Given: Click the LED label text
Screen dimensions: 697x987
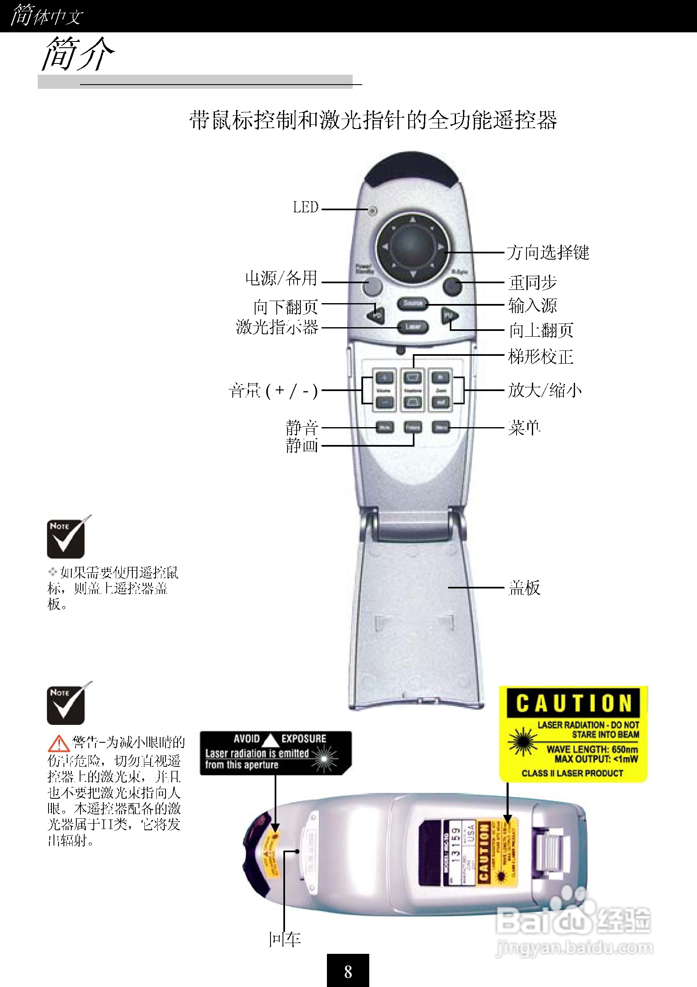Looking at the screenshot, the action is click(x=305, y=207).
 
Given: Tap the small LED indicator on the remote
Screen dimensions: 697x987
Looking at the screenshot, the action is click(x=373, y=210).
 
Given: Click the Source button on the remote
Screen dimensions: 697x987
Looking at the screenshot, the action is click(x=412, y=303).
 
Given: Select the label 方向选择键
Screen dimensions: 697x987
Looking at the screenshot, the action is click(x=548, y=252).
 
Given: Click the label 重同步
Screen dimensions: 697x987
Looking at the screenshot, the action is click(x=532, y=283).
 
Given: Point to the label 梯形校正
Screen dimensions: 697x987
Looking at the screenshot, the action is click(x=541, y=356).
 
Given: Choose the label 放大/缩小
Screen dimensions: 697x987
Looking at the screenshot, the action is click(x=544, y=390).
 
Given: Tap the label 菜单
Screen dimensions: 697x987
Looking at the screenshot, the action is click(x=524, y=428).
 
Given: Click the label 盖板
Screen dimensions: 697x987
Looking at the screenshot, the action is click(x=524, y=587).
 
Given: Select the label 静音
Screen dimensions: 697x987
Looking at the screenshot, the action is click(x=302, y=427).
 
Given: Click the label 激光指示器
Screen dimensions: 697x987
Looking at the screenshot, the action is click(x=277, y=327).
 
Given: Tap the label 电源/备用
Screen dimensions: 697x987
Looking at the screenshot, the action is click(x=281, y=278).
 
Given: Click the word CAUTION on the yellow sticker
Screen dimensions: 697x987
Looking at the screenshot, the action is click(x=573, y=703).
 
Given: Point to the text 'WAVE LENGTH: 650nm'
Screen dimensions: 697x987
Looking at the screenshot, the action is click(x=592, y=749).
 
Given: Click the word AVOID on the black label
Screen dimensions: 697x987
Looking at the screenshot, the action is click(x=246, y=739).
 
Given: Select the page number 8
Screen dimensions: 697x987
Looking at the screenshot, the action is click(x=348, y=972).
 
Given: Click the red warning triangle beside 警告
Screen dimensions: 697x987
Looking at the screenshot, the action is click(x=58, y=743).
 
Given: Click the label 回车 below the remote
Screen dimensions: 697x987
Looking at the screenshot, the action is click(x=284, y=939).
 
